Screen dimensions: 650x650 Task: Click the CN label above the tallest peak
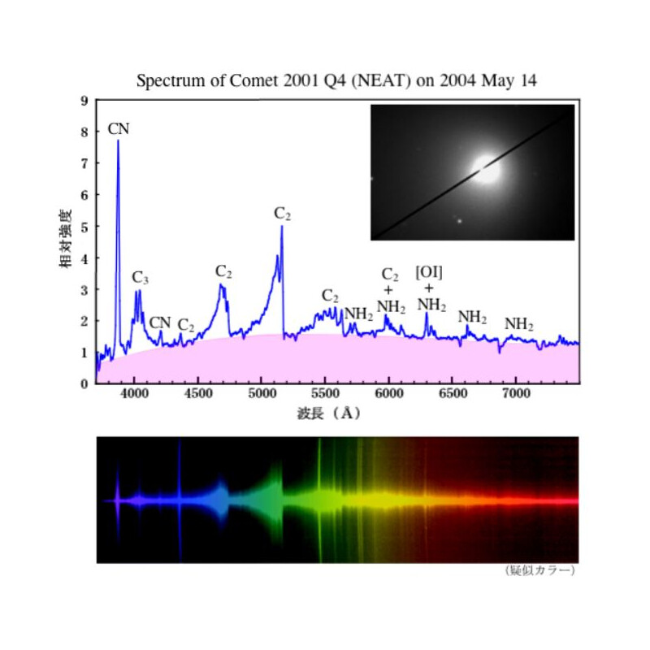coord(119,128)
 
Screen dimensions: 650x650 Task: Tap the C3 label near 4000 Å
coord(141,278)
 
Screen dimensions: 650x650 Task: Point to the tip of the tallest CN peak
coord(118,141)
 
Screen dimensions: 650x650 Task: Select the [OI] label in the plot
coord(428,271)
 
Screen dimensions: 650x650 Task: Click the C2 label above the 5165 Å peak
coord(282,214)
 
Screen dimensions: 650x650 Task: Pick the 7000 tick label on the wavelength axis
coord(516,396)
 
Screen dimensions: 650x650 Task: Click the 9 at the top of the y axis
coord(84,101)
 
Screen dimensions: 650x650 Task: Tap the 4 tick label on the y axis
coord(84,258)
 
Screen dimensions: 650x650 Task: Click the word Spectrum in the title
coord(167,81)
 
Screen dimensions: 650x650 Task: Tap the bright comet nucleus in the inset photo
coord(487,169)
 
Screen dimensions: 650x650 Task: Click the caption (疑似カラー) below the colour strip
coord(539,570)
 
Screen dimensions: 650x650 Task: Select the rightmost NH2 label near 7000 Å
coord(518,324)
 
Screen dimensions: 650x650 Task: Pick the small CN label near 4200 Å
coord(160,323)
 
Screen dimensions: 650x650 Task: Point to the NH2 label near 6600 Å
coord(472,317)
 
